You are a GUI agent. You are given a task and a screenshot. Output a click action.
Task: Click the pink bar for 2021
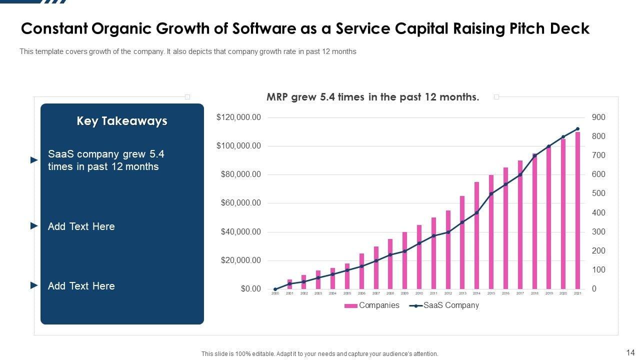coord(577,210)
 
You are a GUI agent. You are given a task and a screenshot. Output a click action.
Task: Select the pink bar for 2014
coord(476,235)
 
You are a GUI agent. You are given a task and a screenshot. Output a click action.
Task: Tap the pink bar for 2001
coord(289,284)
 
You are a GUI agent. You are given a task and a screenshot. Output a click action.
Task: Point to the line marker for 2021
coord(578,129)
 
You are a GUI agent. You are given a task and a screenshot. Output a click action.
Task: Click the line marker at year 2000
coord(275,289)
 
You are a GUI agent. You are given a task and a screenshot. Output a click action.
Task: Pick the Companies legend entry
coord(372,305)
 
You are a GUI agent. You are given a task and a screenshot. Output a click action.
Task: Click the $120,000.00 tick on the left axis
coord(238,117)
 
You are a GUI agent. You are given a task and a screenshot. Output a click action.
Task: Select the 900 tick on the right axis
coord(598,117)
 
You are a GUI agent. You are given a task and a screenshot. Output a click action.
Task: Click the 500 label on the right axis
coord(598,193)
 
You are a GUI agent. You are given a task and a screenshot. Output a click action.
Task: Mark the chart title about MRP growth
coord(372,97)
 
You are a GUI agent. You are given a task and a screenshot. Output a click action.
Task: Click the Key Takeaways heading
coord(122,121)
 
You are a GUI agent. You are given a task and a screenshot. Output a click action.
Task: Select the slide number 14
coord(630,352)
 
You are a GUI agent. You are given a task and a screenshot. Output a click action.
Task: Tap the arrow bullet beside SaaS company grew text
coord(34,160)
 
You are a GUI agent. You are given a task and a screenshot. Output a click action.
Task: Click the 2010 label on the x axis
coord(419,293)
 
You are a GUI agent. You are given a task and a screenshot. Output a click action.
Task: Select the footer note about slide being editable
coord(319,353)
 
